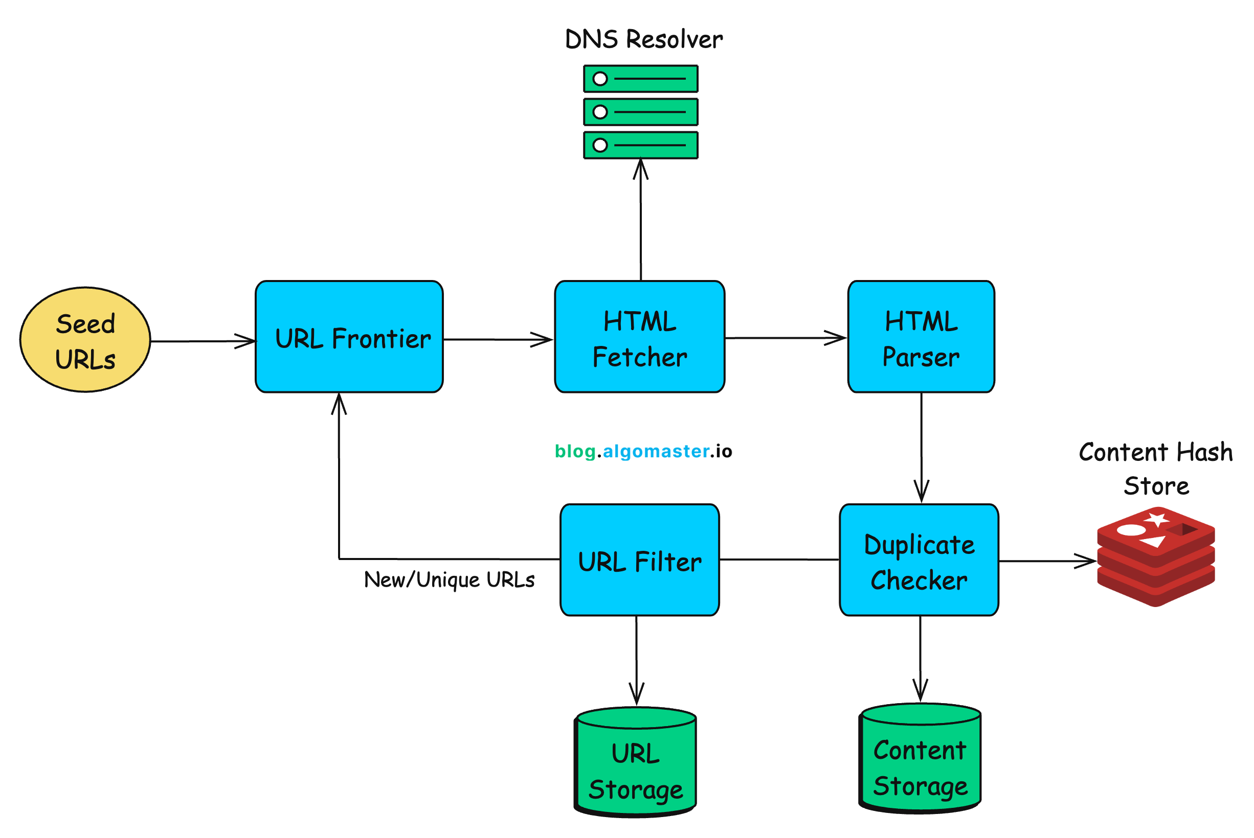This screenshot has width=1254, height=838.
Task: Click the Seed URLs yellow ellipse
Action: coord(85,340)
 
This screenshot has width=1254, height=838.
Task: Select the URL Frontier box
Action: coord(349,337)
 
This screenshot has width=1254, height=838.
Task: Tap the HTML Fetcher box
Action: coord(640,337)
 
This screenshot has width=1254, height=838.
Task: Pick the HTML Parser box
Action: coord(921,337)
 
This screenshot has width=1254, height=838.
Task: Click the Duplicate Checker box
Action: coord(919,560)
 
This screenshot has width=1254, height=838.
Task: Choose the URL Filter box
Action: coord(640,560)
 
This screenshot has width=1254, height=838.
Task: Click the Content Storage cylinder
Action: coord(920,761)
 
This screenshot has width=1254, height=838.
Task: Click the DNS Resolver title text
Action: coord(643,40)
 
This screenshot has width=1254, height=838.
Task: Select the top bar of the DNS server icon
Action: coord(641,79)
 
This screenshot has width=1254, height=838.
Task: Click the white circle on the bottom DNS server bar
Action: coord(600,145)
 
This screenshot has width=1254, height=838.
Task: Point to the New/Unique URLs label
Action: coord(449,580)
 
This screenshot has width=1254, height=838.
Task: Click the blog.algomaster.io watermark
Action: coord(643,452)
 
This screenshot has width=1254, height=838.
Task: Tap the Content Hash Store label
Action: coord(1156,469)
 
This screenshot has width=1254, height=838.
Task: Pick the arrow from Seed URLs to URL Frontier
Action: coord(203,341)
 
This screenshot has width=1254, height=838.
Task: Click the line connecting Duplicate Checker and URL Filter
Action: coord(779,560)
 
